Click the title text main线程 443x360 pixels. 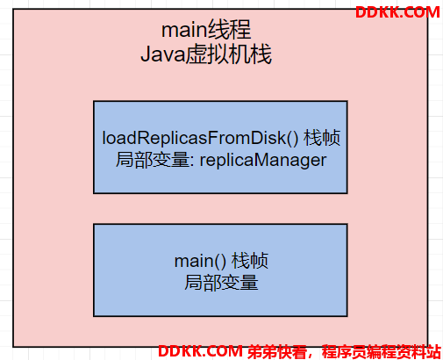tap(206, 30)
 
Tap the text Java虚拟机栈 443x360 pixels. tap(206, 54)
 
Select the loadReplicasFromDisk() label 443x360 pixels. tap(200, 138)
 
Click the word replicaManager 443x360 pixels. tap(263, 161)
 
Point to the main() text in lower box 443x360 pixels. tap(200, 261)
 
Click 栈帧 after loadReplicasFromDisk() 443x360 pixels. tap(322, 138)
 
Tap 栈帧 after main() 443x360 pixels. tap(250, 261)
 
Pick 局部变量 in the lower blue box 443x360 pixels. tap(221, 283)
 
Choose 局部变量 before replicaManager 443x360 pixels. tap(153, 160)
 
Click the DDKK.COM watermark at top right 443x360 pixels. tap(397, 12)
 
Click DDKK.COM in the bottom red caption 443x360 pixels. tap(200, 351)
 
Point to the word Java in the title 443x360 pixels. tap(163, 55)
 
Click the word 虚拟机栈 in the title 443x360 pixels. tap(229, 54)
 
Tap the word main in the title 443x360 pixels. tap(184, 31)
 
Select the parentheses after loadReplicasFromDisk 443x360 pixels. tap(293, 138)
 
